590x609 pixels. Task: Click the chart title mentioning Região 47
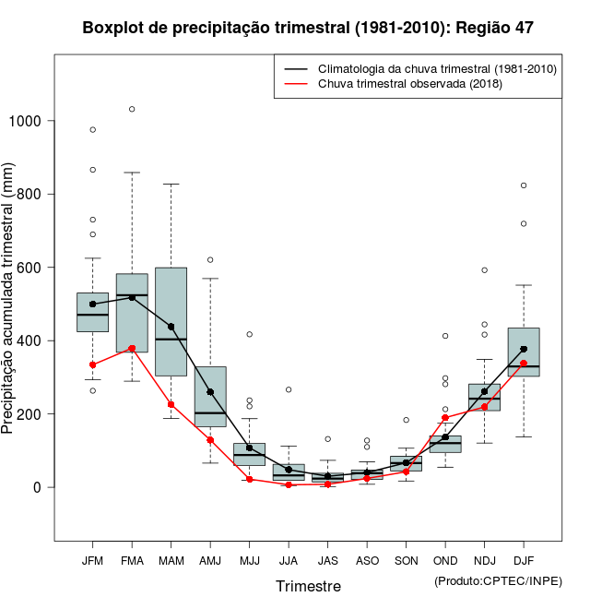(308, 28)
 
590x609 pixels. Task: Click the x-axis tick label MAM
(171, 560)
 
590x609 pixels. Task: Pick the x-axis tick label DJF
(524, 560)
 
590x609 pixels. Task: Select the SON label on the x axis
(406, 560)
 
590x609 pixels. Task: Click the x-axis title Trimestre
(308, 586)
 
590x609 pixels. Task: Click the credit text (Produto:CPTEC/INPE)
(498, 580)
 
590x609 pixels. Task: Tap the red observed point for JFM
(93, 364)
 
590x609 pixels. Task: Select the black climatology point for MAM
(171, 327)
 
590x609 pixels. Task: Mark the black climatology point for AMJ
(210, 392)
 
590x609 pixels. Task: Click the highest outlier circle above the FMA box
(132, 109)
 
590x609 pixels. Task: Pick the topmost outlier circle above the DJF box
(524, 185)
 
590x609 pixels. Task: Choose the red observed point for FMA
(132, 348)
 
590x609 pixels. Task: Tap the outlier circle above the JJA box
(289, 389)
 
